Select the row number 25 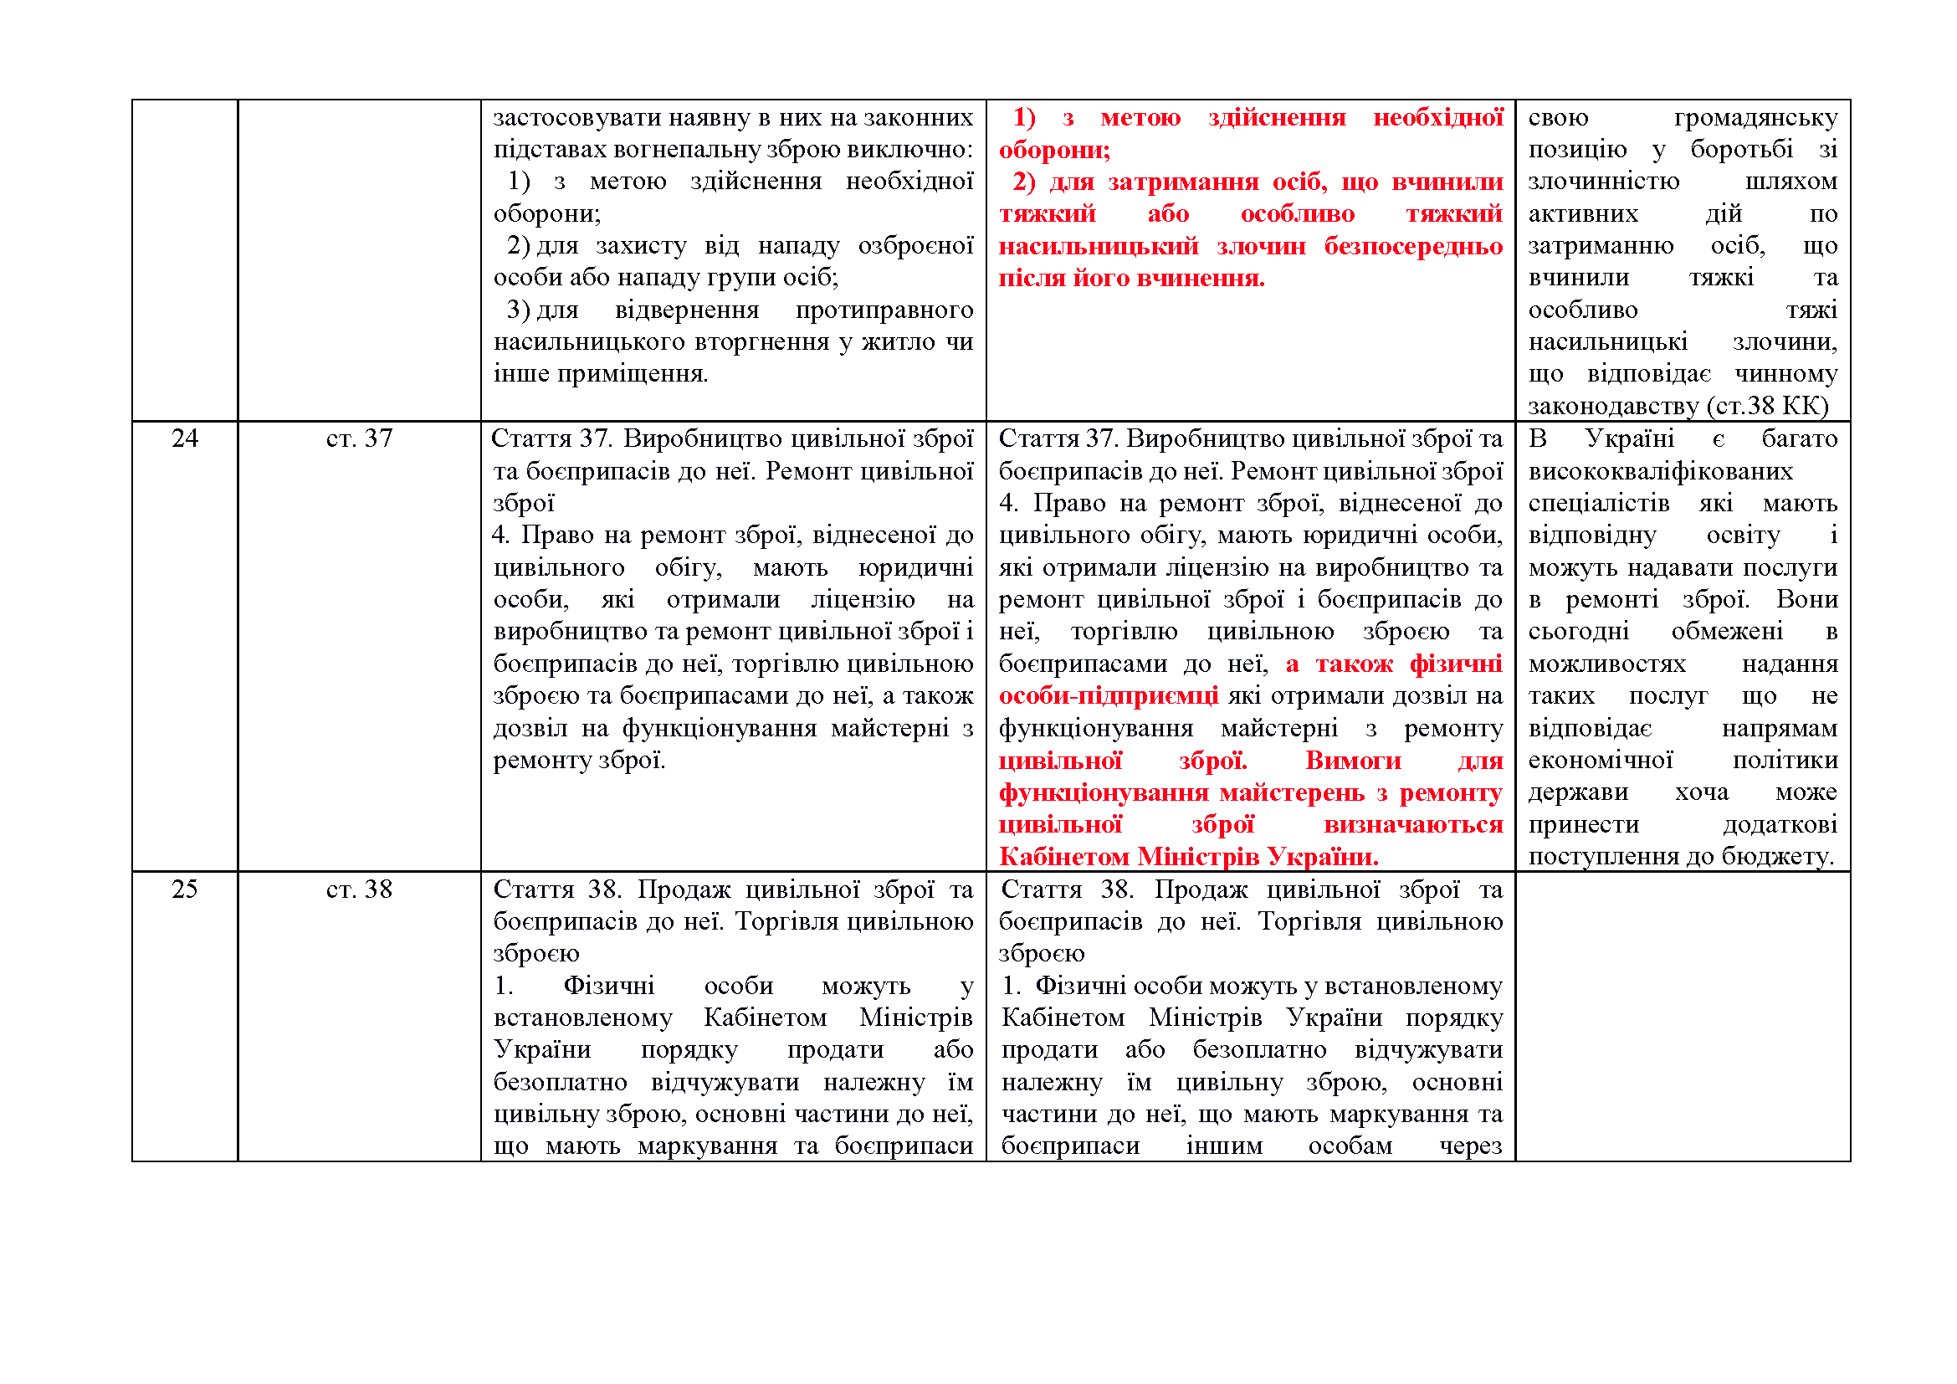185,889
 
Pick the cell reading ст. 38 359,889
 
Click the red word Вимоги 1353,760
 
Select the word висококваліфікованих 1659,471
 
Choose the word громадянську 1755,118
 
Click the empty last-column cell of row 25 1682,1014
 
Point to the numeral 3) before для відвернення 518,310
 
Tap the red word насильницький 1098,246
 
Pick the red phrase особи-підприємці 1108,696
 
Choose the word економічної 1600,760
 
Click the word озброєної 915,246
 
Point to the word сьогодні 1578,632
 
